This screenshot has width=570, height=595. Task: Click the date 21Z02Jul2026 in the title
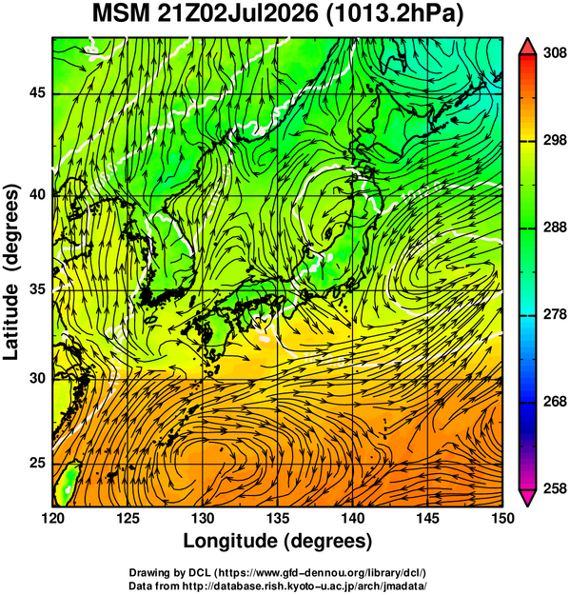(237, 14)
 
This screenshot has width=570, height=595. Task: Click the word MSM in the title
(122, 14)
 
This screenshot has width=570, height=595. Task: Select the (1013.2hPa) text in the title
(394, 15)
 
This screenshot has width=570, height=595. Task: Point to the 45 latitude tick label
(37, 92)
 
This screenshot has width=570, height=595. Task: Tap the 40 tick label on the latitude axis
(37, 194)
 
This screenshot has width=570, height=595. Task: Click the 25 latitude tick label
(37, 464)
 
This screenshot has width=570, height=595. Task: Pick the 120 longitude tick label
(52, 518)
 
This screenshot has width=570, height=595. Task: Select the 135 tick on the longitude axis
(279, 518)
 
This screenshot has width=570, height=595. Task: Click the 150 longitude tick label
(502, 518)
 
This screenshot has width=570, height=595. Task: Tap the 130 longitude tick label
(203, 518)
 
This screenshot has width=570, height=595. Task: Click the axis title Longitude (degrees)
(278, 541)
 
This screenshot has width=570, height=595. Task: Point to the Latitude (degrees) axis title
(11, 271)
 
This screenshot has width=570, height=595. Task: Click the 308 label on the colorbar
(555, 53)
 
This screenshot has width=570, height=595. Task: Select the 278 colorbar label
(555, 314)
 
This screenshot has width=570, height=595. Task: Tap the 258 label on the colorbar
(555, 488)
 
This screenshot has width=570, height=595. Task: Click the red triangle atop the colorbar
(527, 47)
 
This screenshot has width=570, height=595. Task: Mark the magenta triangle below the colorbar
(527, 498)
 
